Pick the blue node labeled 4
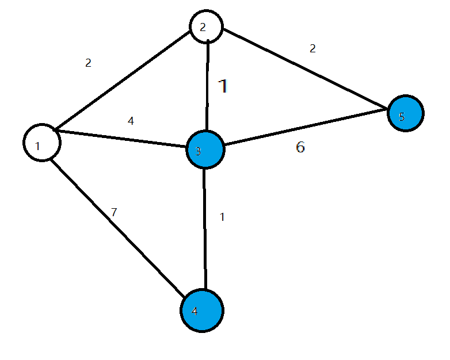202,311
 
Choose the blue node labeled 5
406,114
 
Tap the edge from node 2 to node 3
208,86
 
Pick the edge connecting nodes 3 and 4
205,230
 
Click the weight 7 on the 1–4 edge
114,212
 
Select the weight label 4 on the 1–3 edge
131,121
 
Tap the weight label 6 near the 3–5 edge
300,147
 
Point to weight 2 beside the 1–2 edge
88,63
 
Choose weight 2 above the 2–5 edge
312,49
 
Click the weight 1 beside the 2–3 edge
224,86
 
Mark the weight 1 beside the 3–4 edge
222,217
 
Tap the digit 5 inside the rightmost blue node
402,117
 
